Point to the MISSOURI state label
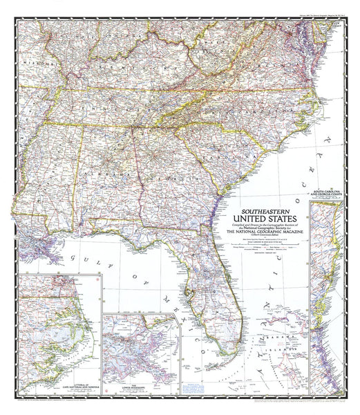(29, 61)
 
